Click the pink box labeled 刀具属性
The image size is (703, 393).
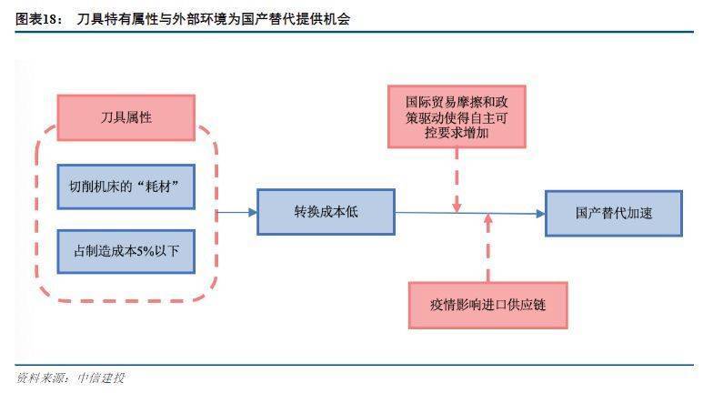click(126, 117)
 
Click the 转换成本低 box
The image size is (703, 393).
click(326, 212)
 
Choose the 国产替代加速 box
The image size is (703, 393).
click(613, 212)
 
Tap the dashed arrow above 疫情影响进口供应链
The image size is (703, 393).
click(488, 247)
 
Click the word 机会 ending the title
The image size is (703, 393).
click(336, 18)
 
